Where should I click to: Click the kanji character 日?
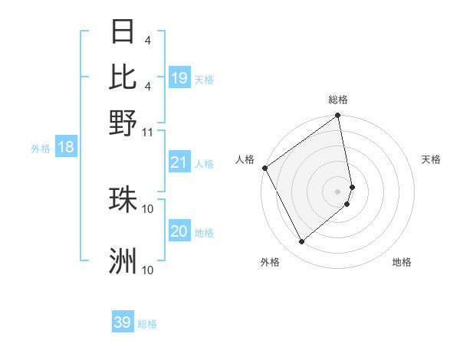(x=123, y=33)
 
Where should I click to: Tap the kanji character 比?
(x=123, y=78)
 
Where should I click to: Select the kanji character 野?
(x=123, y=123)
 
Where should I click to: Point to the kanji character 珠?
(x=123, y=199)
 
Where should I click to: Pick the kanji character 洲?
(x=123, y=261)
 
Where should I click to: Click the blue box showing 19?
(x=179, y=78)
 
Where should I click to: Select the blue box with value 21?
(x=179, y=162)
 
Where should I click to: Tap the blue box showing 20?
(x=179, y=231)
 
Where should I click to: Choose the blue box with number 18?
(x=66, y=148)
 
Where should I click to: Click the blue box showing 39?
(x=123, y=322)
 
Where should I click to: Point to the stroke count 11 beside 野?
(x=148, y=131)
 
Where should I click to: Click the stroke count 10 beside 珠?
(x=148, y=208)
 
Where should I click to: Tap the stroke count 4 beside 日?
(x=148, y=39)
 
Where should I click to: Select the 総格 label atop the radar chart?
(x=338, y=100)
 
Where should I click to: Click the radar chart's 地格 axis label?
(x=402, y=262)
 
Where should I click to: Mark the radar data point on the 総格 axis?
(x=338, y=116)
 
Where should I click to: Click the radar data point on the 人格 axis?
(x=264, y=168)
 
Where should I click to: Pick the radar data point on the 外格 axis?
(x=302, y=242)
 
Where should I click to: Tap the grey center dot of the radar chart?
(x=338, y=190)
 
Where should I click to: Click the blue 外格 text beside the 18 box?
(x=41, y=149)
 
